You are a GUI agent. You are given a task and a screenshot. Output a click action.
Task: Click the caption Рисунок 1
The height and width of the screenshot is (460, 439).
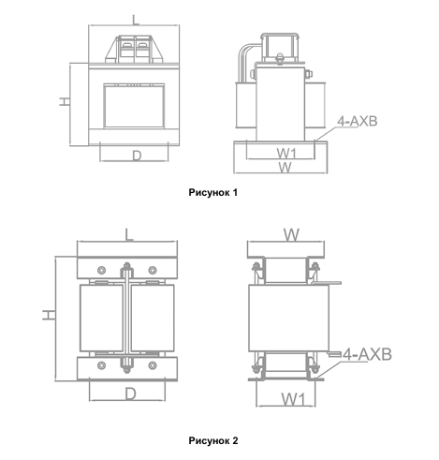pyautogui.click(x=212, y=193)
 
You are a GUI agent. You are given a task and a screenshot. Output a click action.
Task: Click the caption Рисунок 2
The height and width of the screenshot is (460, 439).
pyautogui.click(x=213, y=440)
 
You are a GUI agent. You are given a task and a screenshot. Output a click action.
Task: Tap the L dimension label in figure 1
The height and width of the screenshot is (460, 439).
pyautogui.click(x=135, y=20)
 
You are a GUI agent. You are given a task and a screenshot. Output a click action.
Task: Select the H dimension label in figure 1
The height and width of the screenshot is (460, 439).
pyautogui.click(x=65, y=101)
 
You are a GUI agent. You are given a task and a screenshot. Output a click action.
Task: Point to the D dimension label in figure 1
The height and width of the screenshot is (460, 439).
pyautogui.click(x=137, y=156)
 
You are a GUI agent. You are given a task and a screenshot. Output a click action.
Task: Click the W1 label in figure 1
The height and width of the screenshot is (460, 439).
pyautogui.click(x=286, y=154)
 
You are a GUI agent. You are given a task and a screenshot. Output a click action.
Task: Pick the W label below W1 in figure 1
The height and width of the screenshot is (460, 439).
pyautogui.click(x=285, y=168)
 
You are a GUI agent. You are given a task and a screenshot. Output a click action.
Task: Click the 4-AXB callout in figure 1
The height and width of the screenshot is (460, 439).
pyautogui.click(x=358, y=121)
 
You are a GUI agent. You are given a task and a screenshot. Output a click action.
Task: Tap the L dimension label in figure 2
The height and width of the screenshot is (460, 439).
pyautogui.click(x=129, y=234)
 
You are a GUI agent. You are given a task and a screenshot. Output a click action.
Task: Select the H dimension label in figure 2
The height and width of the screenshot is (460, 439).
pyautogui.click(x=49, y=315)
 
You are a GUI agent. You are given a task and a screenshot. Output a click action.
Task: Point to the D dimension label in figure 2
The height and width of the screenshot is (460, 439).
pyautogui.click(x=131, y=394)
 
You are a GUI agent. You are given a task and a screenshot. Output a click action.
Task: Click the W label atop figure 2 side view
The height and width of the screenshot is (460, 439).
pyautogui.click(x=291, y=235)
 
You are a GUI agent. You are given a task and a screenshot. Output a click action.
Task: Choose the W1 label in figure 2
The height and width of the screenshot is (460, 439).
pyautogui.click(x=293, y=399)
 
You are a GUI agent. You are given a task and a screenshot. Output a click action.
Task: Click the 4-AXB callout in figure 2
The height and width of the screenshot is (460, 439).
pyautogui.click(x=367, y=354)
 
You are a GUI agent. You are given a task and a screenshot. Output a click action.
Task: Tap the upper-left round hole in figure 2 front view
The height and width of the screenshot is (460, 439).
pyautogui.click(x=101, y=270)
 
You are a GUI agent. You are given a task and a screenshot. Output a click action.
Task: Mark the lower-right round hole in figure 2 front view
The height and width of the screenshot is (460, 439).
pyautogui.click(x=153, y=365)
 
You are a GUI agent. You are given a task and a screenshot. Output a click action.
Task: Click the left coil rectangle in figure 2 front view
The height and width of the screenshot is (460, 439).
pyautogui.click(x=101, y=318)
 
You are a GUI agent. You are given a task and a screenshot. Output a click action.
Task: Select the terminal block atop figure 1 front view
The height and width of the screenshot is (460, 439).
pyautogui.click(x=135, y=49)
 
